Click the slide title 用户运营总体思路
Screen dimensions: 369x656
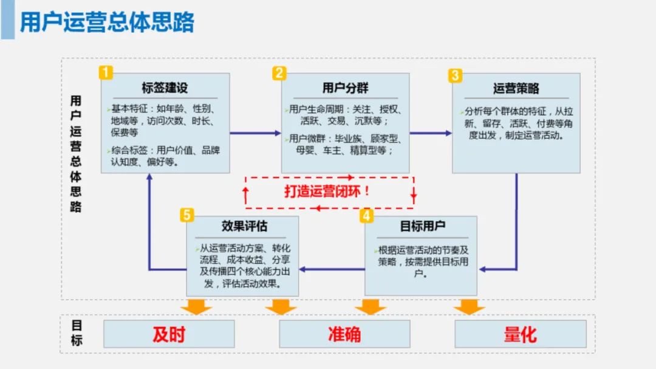[x=108, y=22]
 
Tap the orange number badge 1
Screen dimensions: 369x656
[x=106, y=73]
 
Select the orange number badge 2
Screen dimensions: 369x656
[x=279, y=73]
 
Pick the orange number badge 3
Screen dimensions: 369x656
[x=455, y=75]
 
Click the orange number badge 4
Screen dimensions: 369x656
[x=366, y=215]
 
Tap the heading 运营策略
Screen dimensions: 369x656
[x=516, y=89]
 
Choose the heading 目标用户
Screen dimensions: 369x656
[x=422, y=226]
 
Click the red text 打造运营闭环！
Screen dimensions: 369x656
[x=327, y=191]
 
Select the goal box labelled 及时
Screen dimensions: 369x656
[x=169, y=334]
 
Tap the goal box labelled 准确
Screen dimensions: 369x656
[x=344, y=334]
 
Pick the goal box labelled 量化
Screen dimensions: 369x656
[x=521, y=334]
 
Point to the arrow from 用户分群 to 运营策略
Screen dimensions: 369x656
[x=431, y=133]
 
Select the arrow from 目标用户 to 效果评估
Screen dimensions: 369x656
[x=332, y=268]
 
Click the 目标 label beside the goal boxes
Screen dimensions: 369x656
[x=77, y=333]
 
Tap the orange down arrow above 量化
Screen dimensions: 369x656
[x=469, y=306]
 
